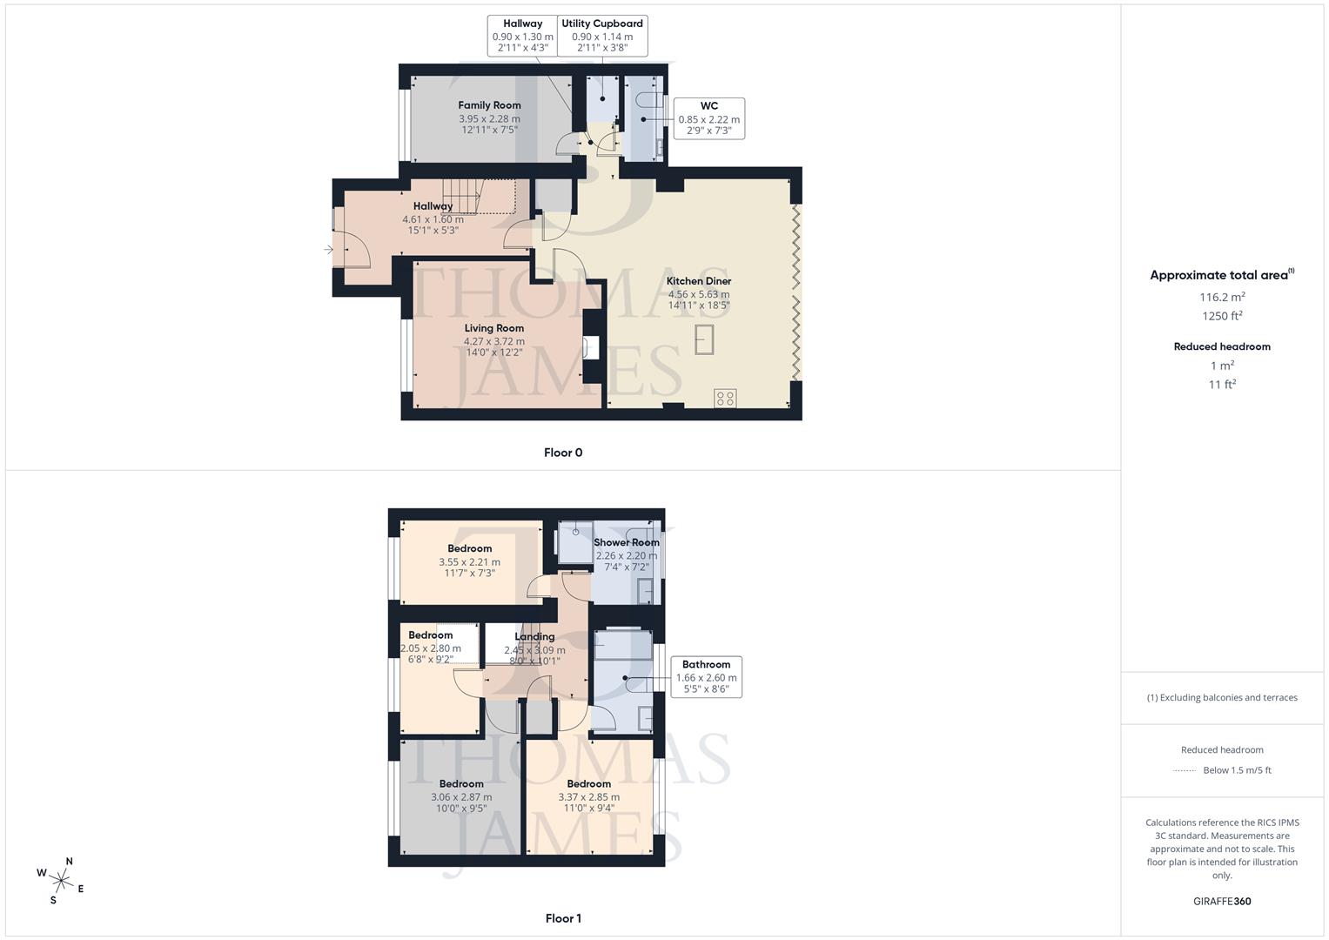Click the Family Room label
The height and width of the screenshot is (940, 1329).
[x=489, y=105]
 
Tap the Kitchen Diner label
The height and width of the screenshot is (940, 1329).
[x=699, y=281]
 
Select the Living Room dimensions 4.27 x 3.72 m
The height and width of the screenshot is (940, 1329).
[x=493, y=341]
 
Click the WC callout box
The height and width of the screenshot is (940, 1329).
[x=708, y=118]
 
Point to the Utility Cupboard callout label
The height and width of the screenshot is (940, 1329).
[x=602, y=24]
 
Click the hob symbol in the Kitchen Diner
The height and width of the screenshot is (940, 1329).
[x=725, y=398]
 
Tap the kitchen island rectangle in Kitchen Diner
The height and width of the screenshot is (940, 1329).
[x=704, y=339]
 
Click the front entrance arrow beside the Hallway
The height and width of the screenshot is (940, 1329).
[x=329, y=250]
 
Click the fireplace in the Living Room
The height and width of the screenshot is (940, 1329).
[x=592, y=347]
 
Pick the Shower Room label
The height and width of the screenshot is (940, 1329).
[x=627, y=542]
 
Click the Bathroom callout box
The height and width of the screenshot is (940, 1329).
[x=706, y=677]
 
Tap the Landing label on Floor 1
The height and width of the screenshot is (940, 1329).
[x=534, y=636]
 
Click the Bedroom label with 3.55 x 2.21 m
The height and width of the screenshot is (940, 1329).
[x=470, y=548]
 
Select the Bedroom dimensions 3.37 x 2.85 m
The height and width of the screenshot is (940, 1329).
[x=589, y=796]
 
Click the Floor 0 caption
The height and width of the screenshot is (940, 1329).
[x=563, y=453]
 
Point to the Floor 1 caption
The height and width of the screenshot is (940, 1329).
[x=563, y=918]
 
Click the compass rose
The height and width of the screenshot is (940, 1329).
[x=61, y=880]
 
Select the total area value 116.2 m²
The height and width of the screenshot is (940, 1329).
[x=1222, y=297]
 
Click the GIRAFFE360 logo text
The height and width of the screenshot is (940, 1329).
[x=1222, y=901]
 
